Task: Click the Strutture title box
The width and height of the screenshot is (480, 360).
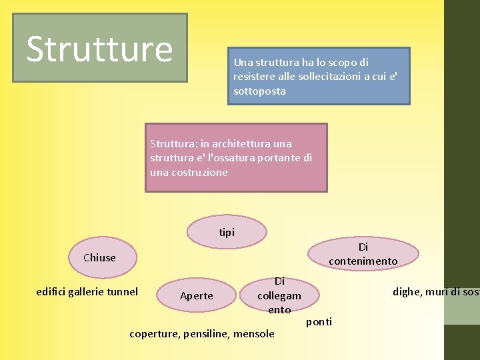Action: tap(99, 48)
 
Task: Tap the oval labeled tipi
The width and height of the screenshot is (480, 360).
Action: tap(227, 232)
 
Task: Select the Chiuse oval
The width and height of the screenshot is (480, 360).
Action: tap(99, 257)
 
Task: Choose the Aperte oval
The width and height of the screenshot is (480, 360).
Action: tap(197, 295)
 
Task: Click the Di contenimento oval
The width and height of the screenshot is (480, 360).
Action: tap(363, 254)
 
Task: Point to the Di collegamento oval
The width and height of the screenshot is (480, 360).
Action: tap(279, 295)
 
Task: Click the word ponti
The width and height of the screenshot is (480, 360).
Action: tap(319, 322)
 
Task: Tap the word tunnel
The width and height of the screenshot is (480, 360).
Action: tap(122, 291)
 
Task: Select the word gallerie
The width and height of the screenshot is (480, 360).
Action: tap(86, 291)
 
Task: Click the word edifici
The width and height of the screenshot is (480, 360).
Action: tap(51, 291)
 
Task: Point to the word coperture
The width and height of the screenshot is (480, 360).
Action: tap(154, 333)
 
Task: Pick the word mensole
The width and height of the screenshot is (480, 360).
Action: tap(253, 333)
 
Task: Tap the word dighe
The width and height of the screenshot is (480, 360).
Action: tap(407, 291)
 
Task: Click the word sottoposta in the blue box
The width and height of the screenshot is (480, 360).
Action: tap(259, 91)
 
